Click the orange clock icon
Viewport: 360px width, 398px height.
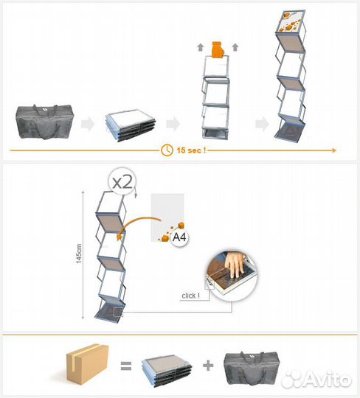(167, 150)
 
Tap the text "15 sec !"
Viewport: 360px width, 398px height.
(191, 150)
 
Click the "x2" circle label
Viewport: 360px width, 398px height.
(122, 181)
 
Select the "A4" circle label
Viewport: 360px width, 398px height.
(179, 237)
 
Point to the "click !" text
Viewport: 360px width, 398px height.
(190, 296)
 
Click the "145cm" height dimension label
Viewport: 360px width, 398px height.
(79, 254)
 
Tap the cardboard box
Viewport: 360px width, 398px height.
(87, 364)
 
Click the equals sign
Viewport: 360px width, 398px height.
(126, 366)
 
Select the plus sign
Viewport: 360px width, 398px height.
(208, 366)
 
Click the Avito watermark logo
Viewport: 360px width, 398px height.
(316, 380)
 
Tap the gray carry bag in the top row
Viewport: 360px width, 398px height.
(45, 122)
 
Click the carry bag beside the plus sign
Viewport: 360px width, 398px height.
(252, 368)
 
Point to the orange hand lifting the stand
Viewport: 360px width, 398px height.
(218, 49)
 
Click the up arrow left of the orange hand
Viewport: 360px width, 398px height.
(201, 47)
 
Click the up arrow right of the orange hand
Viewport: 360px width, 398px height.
(235, 47)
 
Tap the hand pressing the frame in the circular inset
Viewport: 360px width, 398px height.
(235, 264)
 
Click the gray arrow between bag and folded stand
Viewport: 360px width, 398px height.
(88, 124)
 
